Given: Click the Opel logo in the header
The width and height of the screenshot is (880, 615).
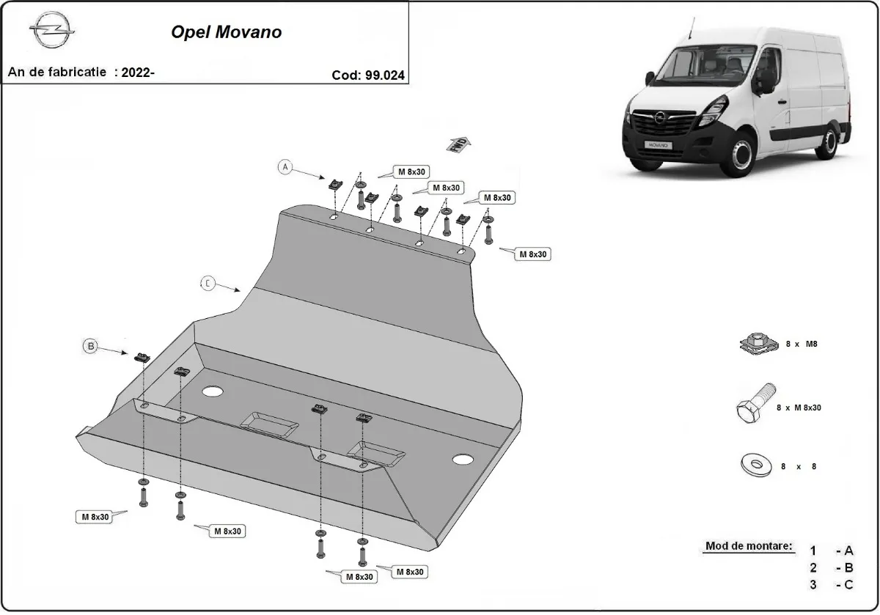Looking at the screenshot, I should (x=51, y=33).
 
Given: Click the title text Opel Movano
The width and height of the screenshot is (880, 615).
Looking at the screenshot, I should (x=226, y=32).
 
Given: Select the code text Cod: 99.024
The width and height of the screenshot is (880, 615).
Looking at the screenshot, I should (x=367, y=74).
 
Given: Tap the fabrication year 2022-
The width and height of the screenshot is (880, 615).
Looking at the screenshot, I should (x=138, y=72).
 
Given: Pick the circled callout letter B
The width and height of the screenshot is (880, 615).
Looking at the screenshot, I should (x=91, y=347).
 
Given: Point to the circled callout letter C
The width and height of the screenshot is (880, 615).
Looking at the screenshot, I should (x=208, y=283).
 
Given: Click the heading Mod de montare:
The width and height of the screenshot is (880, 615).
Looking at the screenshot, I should (x=749, y=546).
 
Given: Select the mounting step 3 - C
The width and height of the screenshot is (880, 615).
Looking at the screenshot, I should (x=832, y=584).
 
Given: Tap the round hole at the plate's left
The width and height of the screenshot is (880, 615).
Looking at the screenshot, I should (x=212, y=391).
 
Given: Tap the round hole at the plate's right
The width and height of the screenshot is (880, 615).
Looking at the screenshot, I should (x=463, y=460).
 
